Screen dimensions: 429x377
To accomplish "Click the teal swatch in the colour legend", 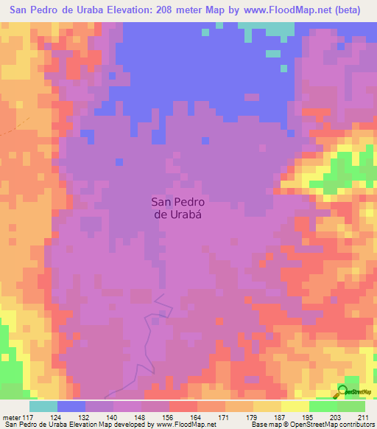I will pos(43,406).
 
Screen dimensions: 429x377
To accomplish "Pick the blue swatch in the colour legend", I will pos(71,406).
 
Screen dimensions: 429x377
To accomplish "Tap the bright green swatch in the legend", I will pos(323,406).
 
